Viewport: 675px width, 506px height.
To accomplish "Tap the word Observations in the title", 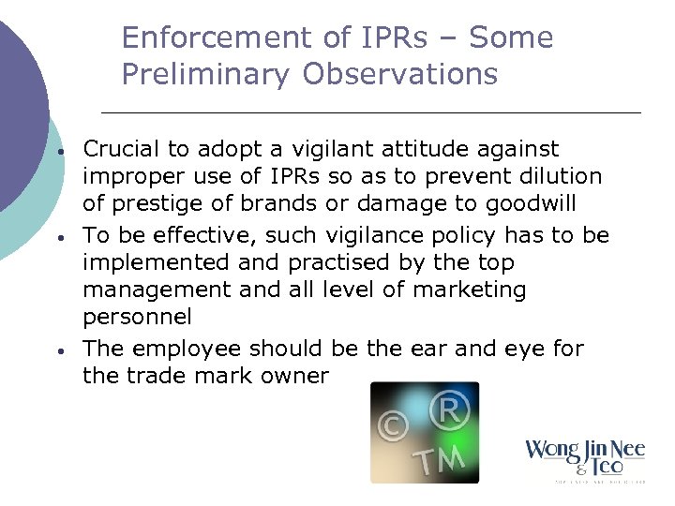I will point(400,75).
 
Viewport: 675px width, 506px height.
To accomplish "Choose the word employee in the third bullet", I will point(178,349).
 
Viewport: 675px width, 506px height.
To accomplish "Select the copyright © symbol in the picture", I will point(392,426).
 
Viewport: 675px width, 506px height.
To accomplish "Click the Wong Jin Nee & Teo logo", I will point(585,459).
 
